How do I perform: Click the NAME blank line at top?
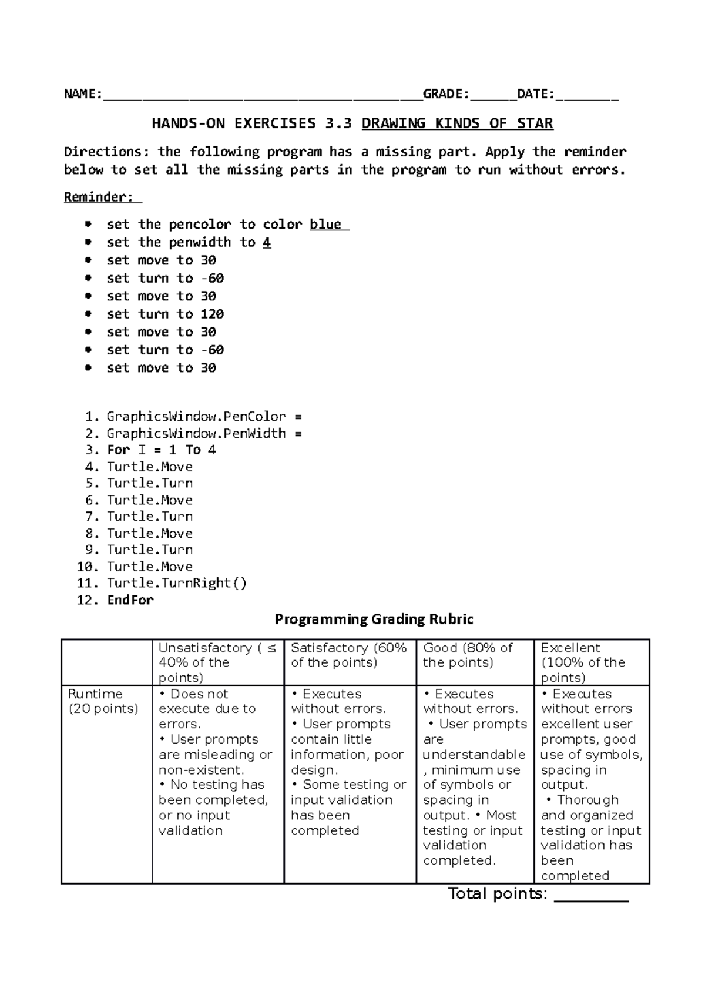(262, 95)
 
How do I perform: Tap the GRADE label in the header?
(445, 94)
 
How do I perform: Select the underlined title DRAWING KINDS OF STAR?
(457, 123)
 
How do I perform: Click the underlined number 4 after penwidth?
(267, 243)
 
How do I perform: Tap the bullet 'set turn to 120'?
(164, 314)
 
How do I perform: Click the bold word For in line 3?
(118, 450)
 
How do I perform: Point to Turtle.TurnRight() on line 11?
(177, 583)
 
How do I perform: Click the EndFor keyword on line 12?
(130, 600)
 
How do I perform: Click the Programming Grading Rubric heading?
(374, 619)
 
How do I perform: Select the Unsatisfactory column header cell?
(217, 662)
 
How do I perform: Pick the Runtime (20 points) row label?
(103, 701)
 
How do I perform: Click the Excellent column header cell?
(591, 662)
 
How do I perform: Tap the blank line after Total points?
(591, 896)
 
